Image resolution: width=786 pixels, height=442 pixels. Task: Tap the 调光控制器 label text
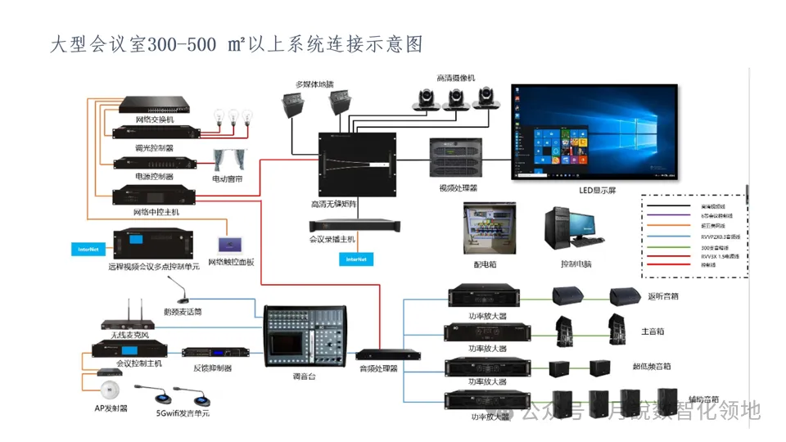[x=154, y=148]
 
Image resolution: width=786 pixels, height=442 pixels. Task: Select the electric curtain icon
[x=228, y=160]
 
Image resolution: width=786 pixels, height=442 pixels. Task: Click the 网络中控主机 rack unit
[x=156, y=196]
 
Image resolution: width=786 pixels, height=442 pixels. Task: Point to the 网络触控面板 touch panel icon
[x=229, y=244]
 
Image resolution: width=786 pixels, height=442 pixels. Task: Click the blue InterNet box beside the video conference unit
[x=88, y=248]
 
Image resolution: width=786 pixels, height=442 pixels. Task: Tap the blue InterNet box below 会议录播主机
[x=356, y=259]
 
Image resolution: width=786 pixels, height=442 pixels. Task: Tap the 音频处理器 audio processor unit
[x=388, y=354]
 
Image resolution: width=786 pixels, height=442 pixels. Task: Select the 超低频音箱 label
[x=651, y=366]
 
